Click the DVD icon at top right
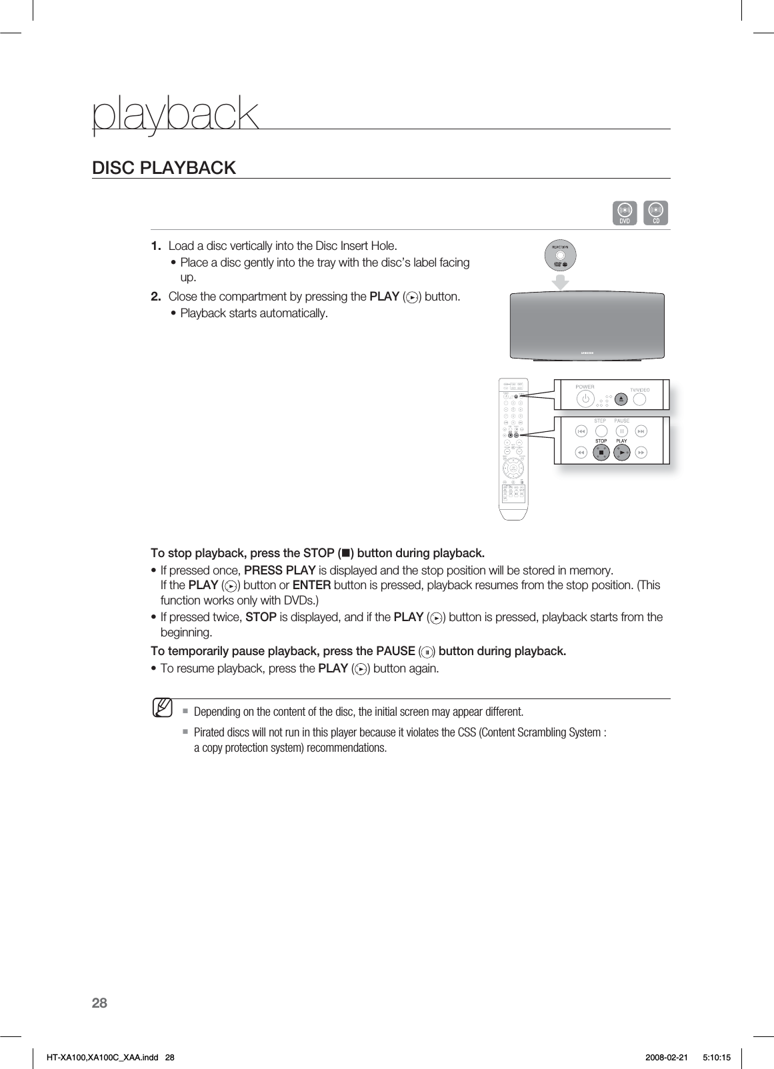pos(625,213)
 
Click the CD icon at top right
pos(656,213)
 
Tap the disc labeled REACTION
pos(561,255)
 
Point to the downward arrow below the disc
pos(561,282)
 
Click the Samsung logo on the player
pos(587,353)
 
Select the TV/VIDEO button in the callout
pos(640,399)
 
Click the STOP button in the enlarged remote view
pos(601,453)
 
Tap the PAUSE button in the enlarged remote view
pos(621,432)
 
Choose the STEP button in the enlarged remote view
pos(601,432)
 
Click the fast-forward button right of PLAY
pos(641,453)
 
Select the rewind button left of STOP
pos(581,453)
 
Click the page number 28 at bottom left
pos(99,1003)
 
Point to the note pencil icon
pos(162,707)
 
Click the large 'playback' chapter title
pos(175,114)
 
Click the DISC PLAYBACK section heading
pos(164,168)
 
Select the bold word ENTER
pos(311,586)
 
